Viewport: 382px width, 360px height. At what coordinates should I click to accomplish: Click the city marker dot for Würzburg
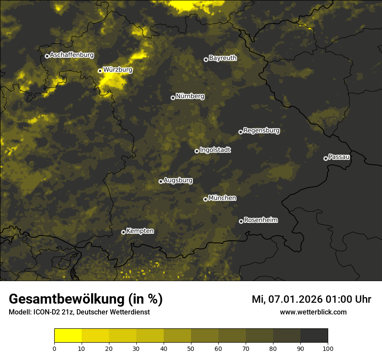tap(100, 71)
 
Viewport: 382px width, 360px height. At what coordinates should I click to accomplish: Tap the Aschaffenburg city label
tap(72, 55)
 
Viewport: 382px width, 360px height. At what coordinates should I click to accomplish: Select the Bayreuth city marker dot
tap(206, 59)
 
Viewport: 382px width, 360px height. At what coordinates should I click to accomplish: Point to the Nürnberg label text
tap(190, 96)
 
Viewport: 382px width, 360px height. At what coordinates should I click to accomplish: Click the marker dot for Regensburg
tap(240, 132)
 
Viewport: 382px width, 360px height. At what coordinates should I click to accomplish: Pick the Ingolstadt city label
tap(215, 150)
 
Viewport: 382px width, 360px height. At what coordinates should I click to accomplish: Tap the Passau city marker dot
tap(326, 158)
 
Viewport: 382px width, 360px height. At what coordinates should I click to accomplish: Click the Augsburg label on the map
tap(178, 180)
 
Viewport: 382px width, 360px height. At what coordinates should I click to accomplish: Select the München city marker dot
tap(205, 199)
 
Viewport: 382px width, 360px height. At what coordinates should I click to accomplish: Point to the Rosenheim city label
tap(260, 220)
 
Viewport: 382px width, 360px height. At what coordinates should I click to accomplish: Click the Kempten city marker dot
tap(123, 232)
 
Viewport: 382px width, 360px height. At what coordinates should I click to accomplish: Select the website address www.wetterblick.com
tap(313, 312)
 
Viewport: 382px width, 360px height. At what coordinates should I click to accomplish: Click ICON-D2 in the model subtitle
tap(46, 312)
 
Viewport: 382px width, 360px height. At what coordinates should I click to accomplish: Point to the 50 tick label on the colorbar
tap(191, 348)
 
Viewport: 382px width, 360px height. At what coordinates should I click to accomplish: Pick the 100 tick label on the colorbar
tap(328, 348)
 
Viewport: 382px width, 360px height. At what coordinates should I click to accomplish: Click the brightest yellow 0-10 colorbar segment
tap(68, 336)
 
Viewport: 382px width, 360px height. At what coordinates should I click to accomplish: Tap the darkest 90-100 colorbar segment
tap(314, 336)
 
